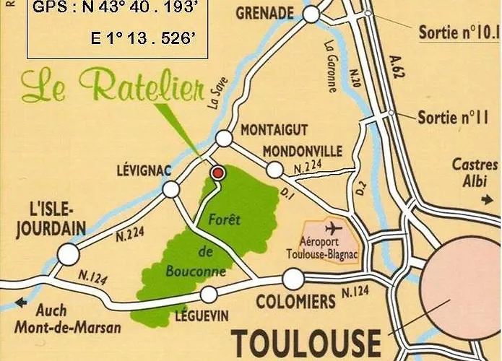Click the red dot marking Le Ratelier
(x=217, y=173)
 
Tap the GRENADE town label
(x=264, y=13)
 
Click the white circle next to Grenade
(x=311, y=14)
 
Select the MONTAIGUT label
(x=274, y=130)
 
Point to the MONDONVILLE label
(x=302, y=152)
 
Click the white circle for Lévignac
(x=171, y=189)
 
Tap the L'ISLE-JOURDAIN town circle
(x=69, y=254)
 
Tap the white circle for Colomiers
(x=293, y=279)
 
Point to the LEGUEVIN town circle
(x=209, y=294)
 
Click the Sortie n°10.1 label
(x=459, y=32)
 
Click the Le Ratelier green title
(x=113, y=87)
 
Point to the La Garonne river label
(x=333, y=65)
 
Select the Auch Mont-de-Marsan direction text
(x=69, y=318)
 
